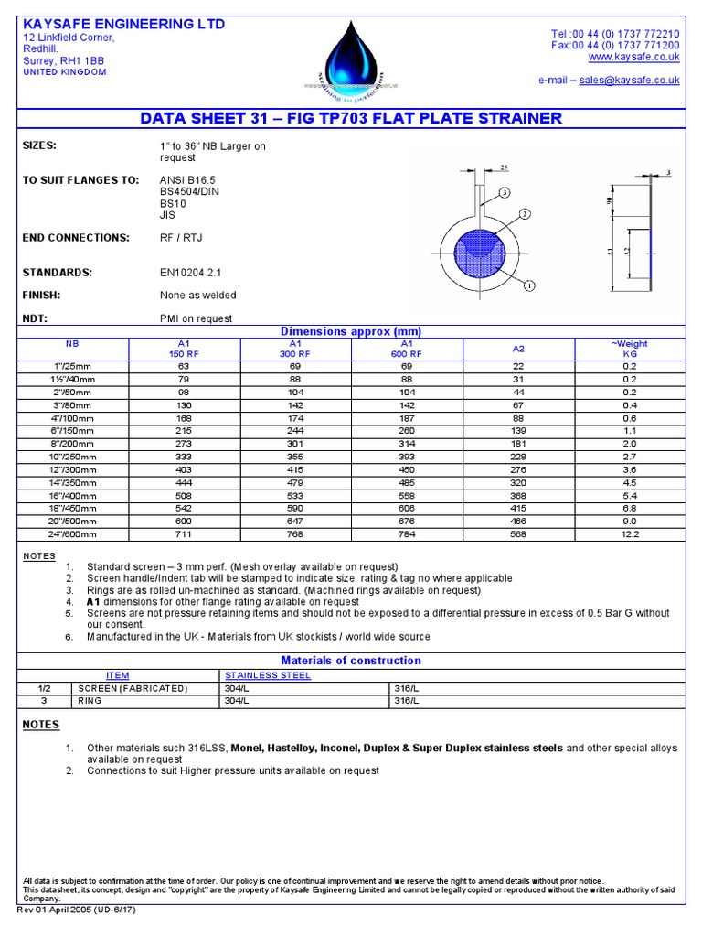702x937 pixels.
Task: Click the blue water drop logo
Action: pyautogui.click(x=346, y=57)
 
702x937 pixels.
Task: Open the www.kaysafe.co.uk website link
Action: pyautogui.click(x=640, y=57)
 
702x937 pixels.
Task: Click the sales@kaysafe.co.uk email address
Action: pyautogui.click(x=630, y=81)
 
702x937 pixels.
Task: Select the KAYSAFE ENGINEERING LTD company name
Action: pyautogui.click(x=122, y=24)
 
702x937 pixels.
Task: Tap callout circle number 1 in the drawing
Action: pyautogui.click(x=529, y=285)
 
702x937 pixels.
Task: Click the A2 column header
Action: pyautogui.click(x=518, y=349)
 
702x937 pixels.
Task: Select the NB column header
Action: pyautogui.click(x=72, y=343)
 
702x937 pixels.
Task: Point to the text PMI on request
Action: pyautogui.click(x=196, y=318)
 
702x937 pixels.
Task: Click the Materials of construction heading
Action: pyautogui.click(x=351, y=661)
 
